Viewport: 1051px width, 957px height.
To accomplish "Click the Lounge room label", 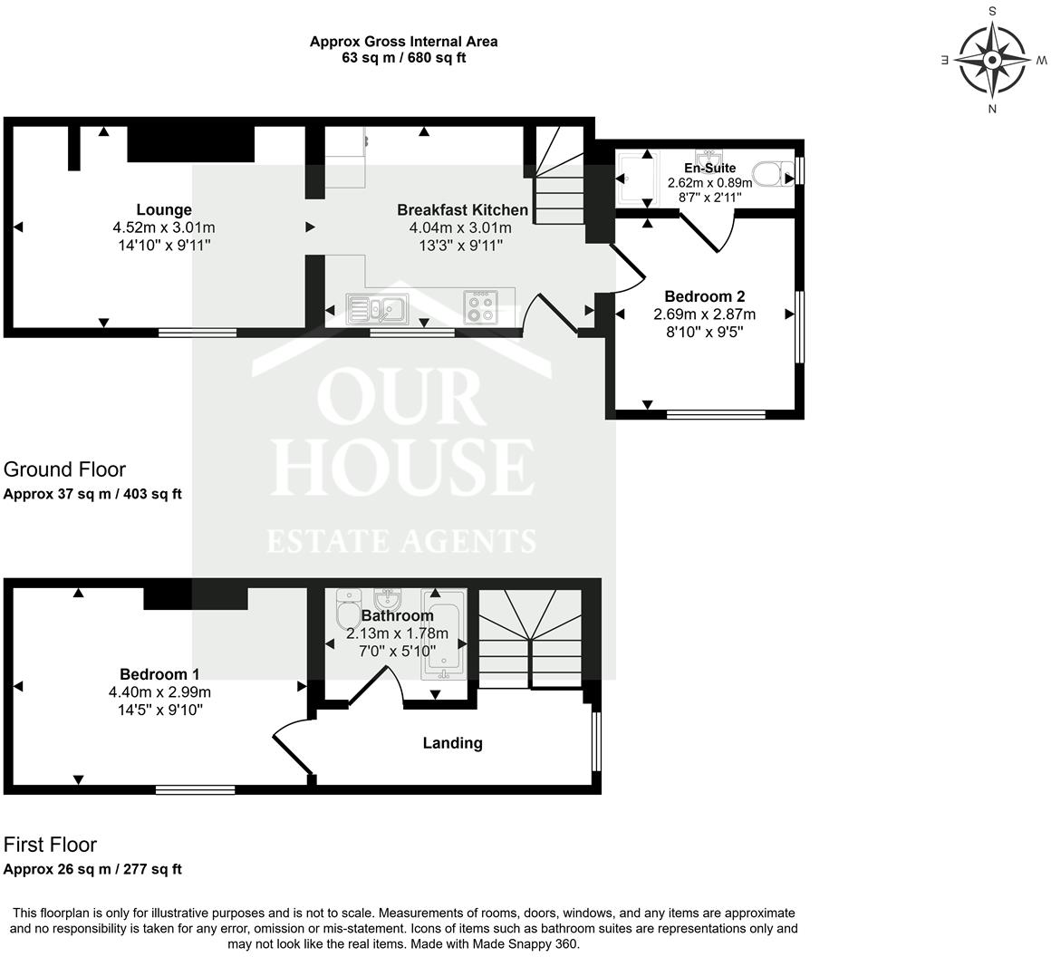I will coord(164,209).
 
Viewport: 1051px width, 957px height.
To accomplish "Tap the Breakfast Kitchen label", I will coord(462,209).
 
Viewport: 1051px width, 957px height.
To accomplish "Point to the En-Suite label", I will coord(709,168).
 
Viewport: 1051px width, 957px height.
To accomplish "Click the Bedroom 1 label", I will coord(159,674).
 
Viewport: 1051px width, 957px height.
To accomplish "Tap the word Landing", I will coord(452,743).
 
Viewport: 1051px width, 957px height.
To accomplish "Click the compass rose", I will coord(992,61).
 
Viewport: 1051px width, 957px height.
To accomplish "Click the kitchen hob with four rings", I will coord(480,306).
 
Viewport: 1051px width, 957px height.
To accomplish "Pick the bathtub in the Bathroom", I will coord(443,639).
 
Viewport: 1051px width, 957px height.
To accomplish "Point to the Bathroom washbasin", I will coord(388,599).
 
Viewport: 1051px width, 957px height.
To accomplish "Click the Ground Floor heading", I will coord(64,469).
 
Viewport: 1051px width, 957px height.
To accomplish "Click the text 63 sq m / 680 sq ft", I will coord(403,58).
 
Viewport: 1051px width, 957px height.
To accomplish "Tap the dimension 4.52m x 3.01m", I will coord(164,227).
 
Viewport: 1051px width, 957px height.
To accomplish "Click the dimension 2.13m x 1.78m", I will coord(397,633).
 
